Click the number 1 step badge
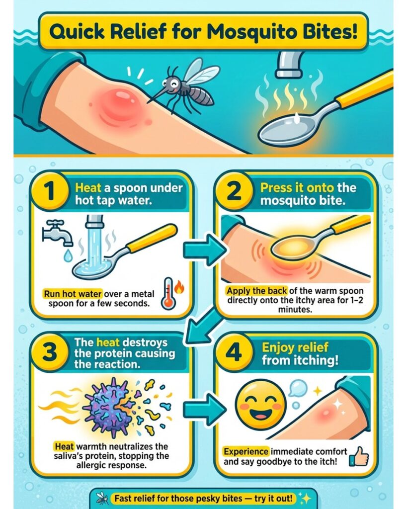50,191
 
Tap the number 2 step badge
235,191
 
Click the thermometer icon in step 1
169,293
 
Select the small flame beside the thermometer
179,287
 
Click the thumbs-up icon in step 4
359,456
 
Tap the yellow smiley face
260,405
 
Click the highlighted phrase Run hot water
73,294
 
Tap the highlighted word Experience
246,451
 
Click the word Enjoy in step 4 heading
276,347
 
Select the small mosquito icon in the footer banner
103,498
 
